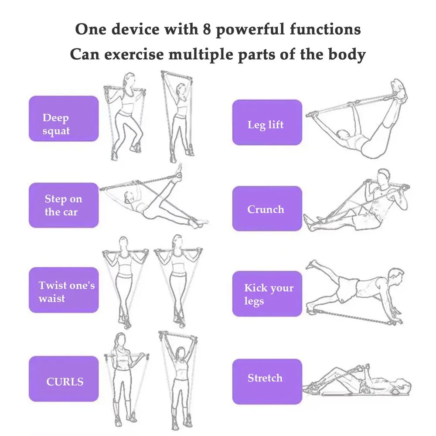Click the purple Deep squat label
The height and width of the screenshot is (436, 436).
(64, 119)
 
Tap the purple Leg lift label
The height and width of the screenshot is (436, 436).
(267, 122)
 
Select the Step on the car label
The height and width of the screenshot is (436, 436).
(64, 205)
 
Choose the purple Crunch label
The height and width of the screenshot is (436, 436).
(267, 208)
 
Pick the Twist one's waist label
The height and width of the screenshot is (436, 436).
(64, 290)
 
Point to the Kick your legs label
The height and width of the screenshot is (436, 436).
(267, 293)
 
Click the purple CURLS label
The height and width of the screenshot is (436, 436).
(64, 378)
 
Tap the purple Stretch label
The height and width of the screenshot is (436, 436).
(267, 381)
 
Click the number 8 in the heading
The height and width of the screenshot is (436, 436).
(207, 29)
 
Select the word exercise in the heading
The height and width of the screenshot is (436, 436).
(134, 54)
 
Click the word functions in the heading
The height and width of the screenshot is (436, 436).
(325, 29)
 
